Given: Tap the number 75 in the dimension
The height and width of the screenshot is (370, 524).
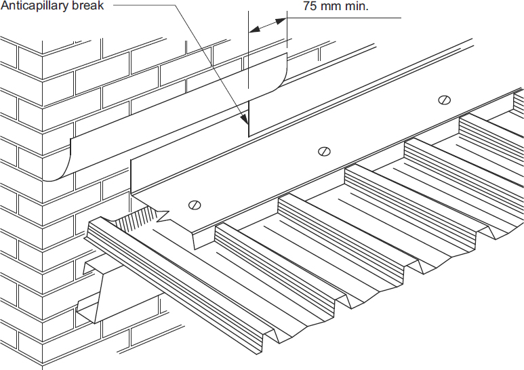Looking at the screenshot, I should [310, 8].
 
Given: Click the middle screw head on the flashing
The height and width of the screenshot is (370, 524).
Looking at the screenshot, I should [325, 151].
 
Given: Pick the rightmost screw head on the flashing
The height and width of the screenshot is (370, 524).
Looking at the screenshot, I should [445, 100].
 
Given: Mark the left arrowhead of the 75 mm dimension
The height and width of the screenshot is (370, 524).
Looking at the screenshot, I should [252, 29].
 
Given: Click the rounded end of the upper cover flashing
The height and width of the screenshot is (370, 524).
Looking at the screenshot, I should [281, 73].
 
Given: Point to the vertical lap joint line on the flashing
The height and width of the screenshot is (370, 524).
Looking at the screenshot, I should [249, 119].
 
